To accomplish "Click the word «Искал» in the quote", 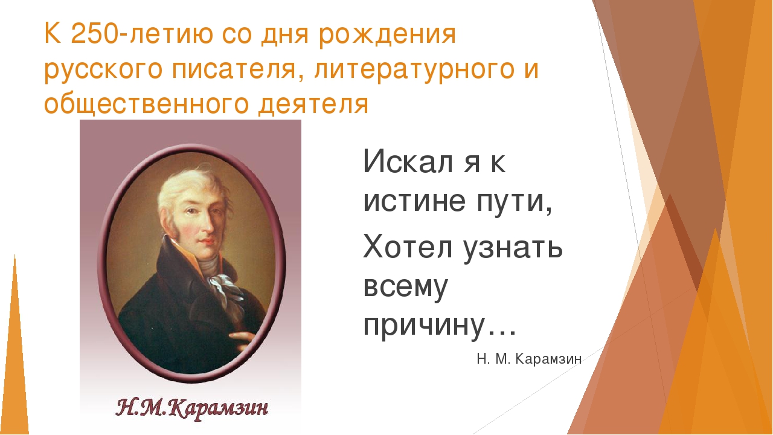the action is (408, 161).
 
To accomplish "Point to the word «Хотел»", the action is (408, 247).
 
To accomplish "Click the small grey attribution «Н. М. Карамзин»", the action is (529, 359).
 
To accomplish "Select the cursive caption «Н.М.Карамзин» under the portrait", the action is (192, 410).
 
